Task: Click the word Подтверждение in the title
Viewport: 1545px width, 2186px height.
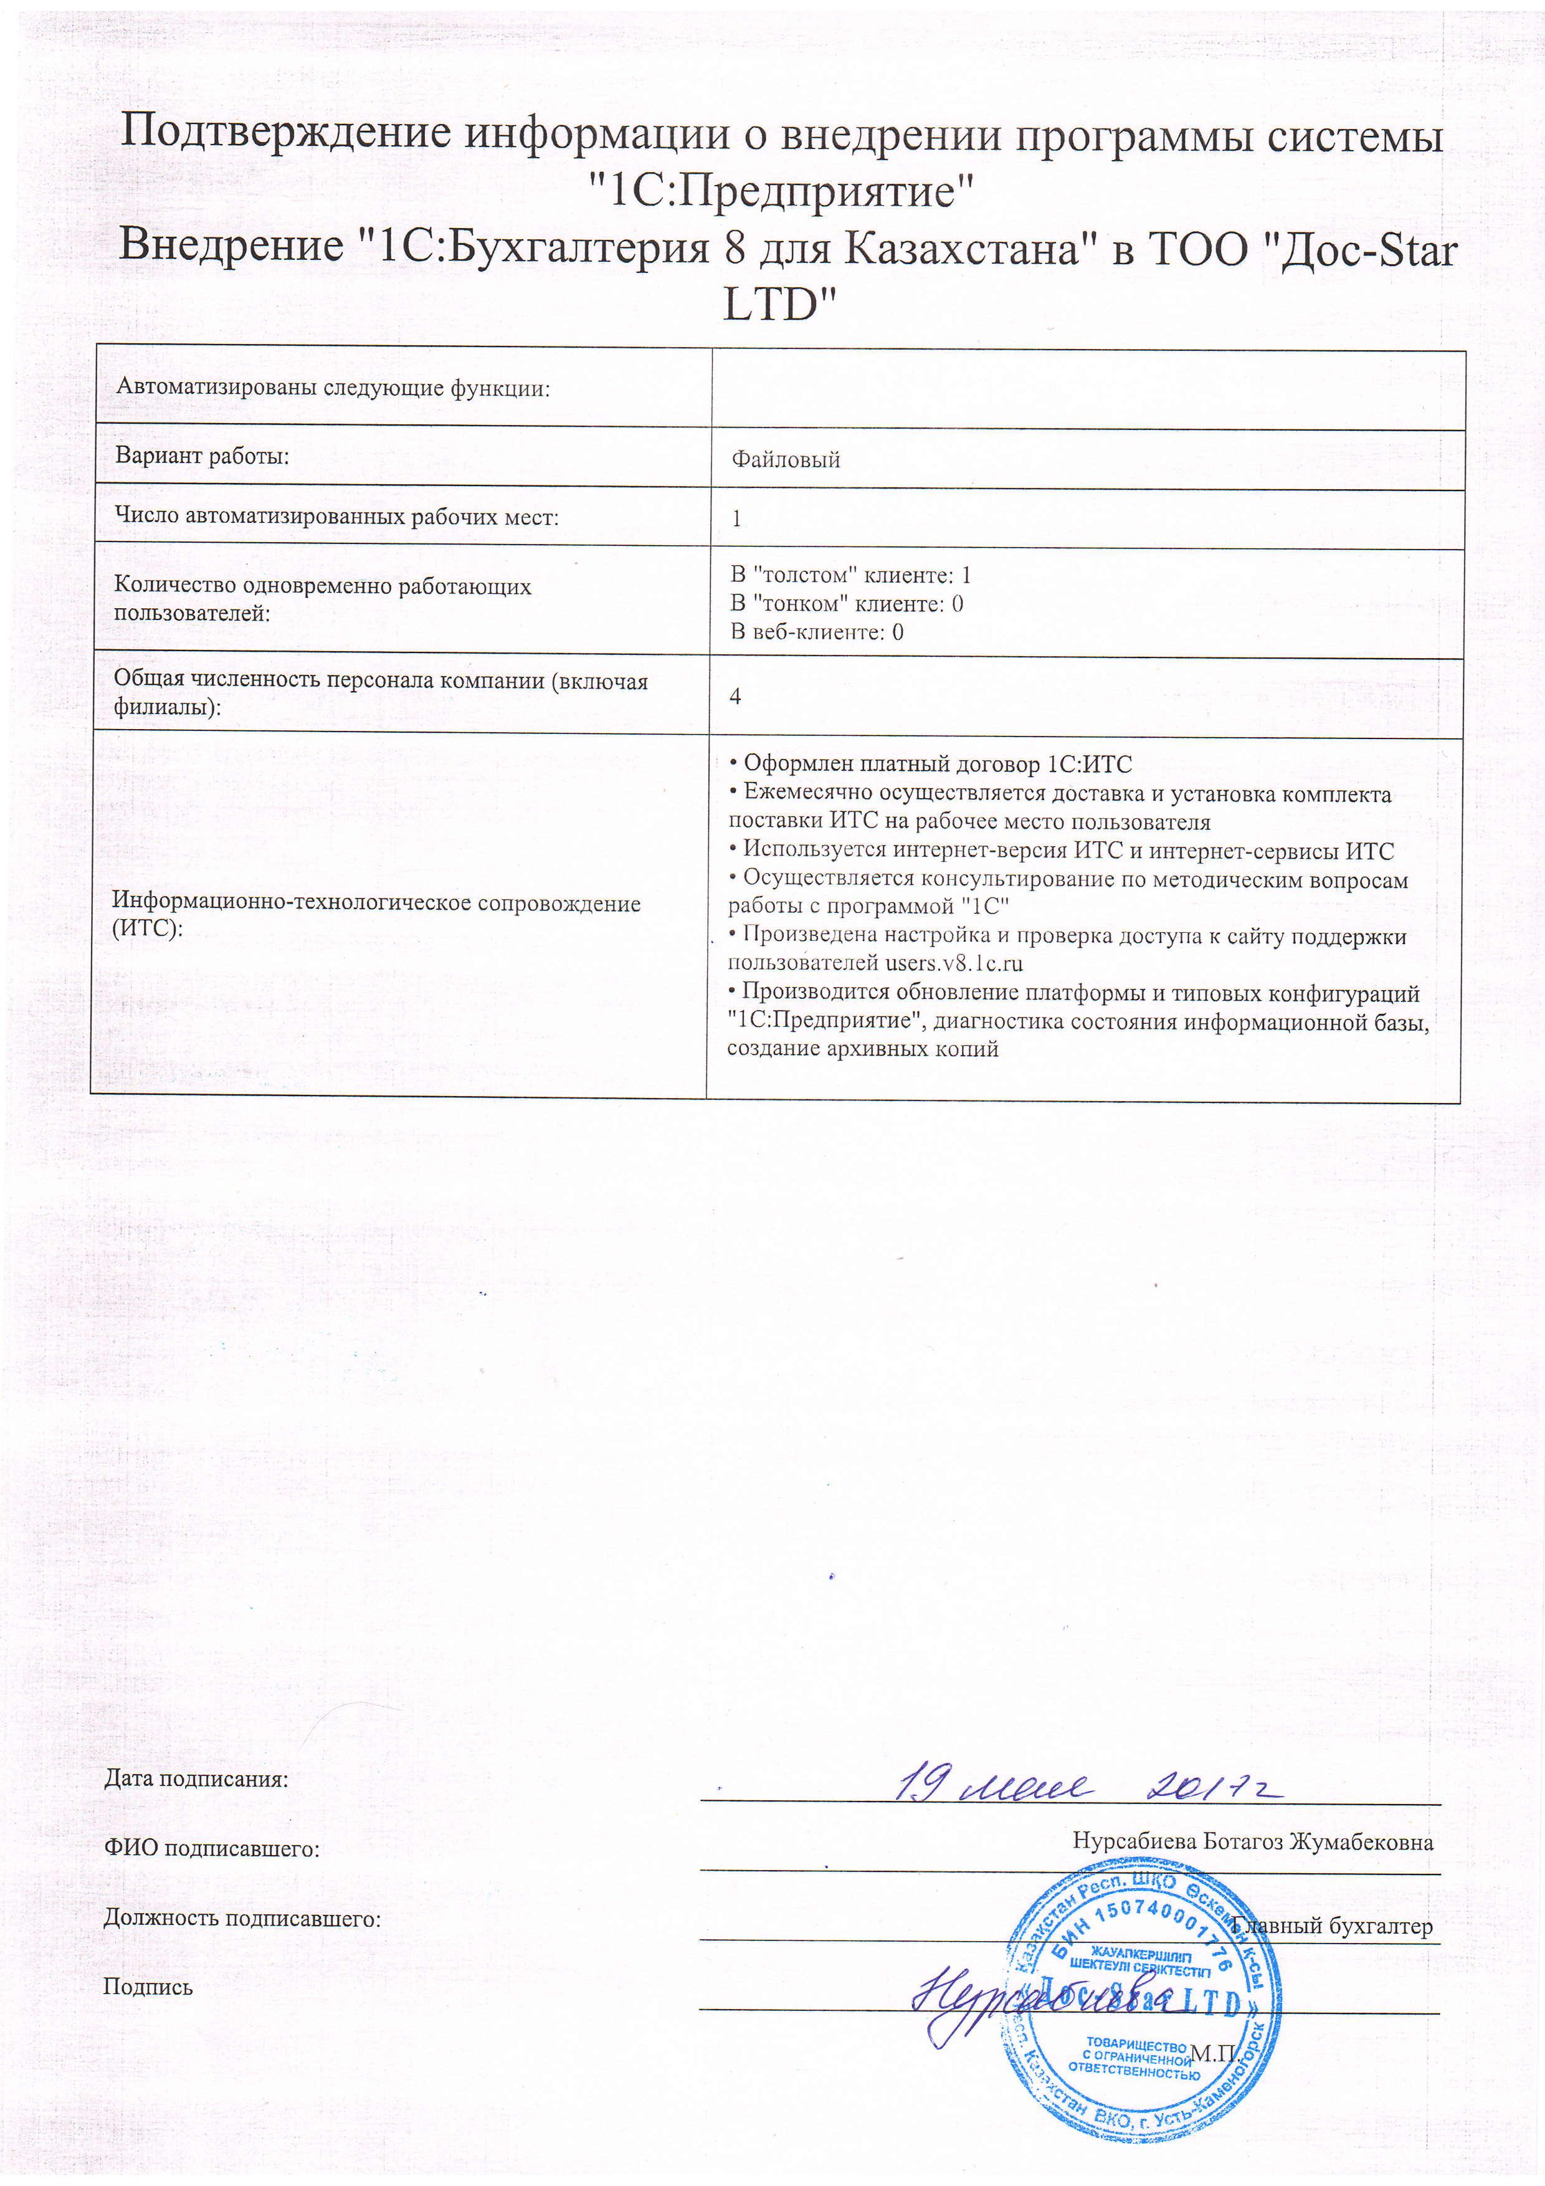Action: click(285, 133)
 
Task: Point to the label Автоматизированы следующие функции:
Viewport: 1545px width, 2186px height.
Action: click(333, 388)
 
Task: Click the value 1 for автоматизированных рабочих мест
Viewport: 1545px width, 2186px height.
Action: click(736, 519)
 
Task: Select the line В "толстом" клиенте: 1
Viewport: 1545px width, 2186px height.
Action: click(850, 575)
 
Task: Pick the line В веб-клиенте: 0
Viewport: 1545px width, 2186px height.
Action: click(817, 632)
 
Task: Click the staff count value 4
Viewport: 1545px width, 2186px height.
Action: click(735, 696)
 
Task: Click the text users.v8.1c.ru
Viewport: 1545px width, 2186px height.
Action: click(954, 963)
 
